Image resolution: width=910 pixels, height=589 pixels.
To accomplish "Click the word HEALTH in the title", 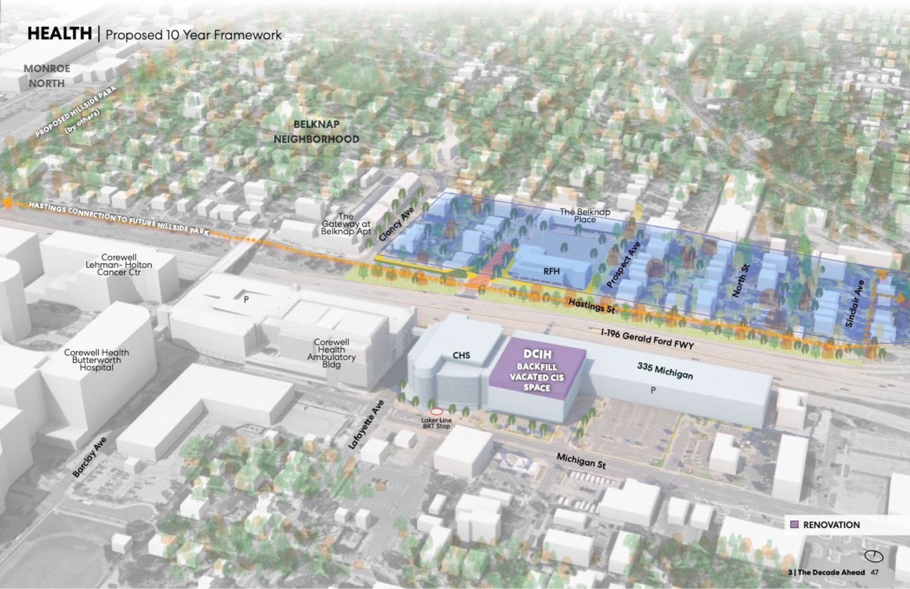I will coord(60,34).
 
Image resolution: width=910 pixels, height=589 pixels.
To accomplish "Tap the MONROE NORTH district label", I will coord(47,76).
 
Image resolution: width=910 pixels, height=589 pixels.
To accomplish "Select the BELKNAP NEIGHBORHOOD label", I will coord(316,132).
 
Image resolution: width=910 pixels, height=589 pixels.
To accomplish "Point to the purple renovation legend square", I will coord(794,524).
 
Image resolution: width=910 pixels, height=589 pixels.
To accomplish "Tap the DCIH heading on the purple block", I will coord(537,354).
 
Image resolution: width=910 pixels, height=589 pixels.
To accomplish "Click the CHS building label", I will coord(461,355).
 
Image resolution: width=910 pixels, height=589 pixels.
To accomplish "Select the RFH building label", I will coord(551,272).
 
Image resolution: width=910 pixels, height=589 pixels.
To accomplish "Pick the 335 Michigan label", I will coord(665,371).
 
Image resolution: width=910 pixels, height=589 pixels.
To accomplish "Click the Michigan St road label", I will coord(581,461).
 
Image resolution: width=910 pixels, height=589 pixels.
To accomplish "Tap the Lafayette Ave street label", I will coord(366,425).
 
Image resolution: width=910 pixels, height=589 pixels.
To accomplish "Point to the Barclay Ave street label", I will coord(90,457).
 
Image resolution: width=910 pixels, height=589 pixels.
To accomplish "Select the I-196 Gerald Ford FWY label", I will coord(647,339).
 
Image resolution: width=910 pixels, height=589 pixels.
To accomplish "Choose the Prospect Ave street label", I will coord(623,264).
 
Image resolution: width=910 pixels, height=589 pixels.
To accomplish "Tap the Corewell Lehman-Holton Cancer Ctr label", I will coord(119,264).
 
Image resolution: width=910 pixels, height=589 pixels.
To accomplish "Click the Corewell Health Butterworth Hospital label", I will coord(96,360).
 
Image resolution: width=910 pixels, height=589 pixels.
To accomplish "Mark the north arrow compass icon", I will coord(874,556).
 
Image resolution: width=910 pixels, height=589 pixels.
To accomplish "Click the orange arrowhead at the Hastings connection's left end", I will coord(6,203).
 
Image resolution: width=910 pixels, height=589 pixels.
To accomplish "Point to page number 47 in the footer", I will coord(875,572).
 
